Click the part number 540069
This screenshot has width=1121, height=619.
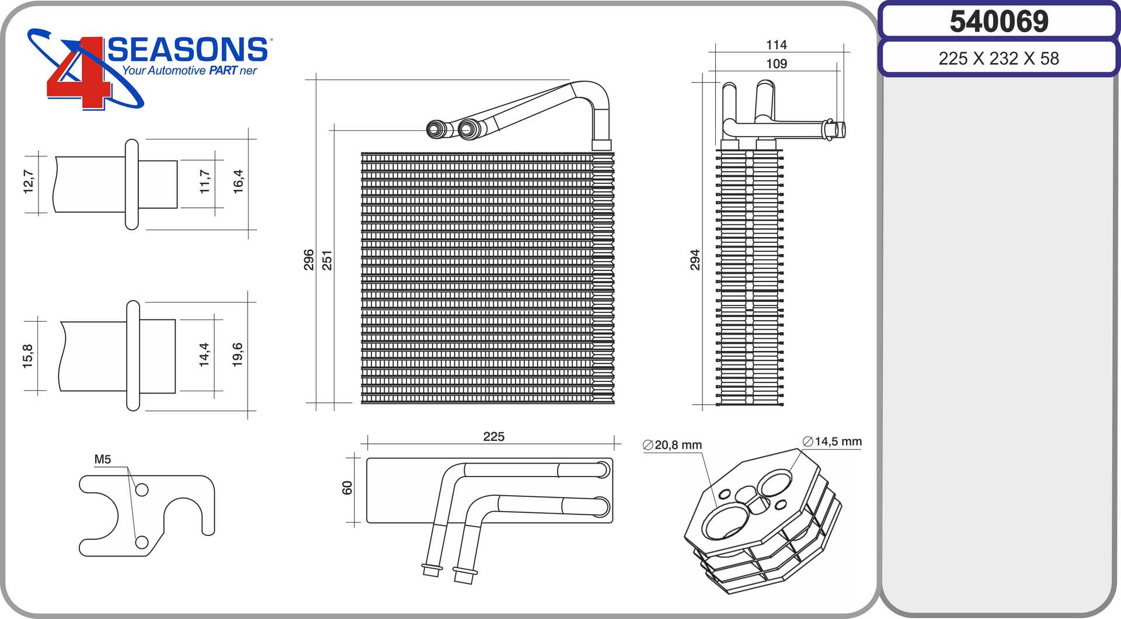[999, 22]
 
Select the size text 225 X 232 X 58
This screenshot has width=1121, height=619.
[998, 58]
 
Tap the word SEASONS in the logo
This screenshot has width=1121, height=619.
[187, 50]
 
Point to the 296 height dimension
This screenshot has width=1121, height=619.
[309, 260]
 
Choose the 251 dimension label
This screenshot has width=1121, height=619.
[327, 260]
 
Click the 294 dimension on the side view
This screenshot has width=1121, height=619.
[695, 260]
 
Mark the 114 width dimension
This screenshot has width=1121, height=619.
[777, 45]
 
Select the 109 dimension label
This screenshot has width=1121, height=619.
[777, 64]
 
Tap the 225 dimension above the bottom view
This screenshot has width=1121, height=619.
[494, 437]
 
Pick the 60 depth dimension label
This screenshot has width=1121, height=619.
[347, 488]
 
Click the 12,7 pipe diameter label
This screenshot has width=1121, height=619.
[28, 182]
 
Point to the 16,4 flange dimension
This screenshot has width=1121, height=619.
[238, 182]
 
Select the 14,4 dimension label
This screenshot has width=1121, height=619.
[204, 354]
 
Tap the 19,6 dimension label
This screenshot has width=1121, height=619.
[238, 354]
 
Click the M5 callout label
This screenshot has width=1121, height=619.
[103, 460]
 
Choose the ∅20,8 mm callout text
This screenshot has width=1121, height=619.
[673, 445]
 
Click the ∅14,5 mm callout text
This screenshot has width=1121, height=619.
[833, 441]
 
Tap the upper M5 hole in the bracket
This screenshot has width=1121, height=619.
[142, 490]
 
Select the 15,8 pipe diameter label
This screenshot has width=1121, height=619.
[28, 356]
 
